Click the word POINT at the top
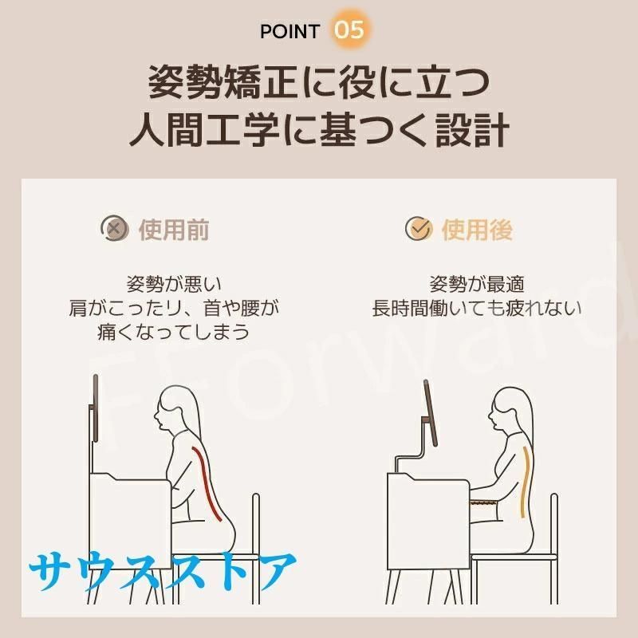(x=289, y=31)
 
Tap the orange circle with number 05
(x=349, y=30)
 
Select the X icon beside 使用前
(x=115, y=228)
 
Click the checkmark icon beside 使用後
(x=419, y=228)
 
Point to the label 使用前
(x=174, y=230)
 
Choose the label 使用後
(x=477, y=230)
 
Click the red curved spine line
(x=206, y=483)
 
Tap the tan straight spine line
(x=526, y=482)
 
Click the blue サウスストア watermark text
(x=163, y=570)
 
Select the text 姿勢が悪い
(x=174, y=284)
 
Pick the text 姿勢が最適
(x=477, y=284)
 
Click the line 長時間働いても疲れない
(x=477, y=308)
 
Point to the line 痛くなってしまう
(x=174, y=332)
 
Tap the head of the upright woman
(x=510, y=410)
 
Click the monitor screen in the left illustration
(x=96, y=408)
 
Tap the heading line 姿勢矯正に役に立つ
(x=319, y=82)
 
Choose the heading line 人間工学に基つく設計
(x=319, y=130)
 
